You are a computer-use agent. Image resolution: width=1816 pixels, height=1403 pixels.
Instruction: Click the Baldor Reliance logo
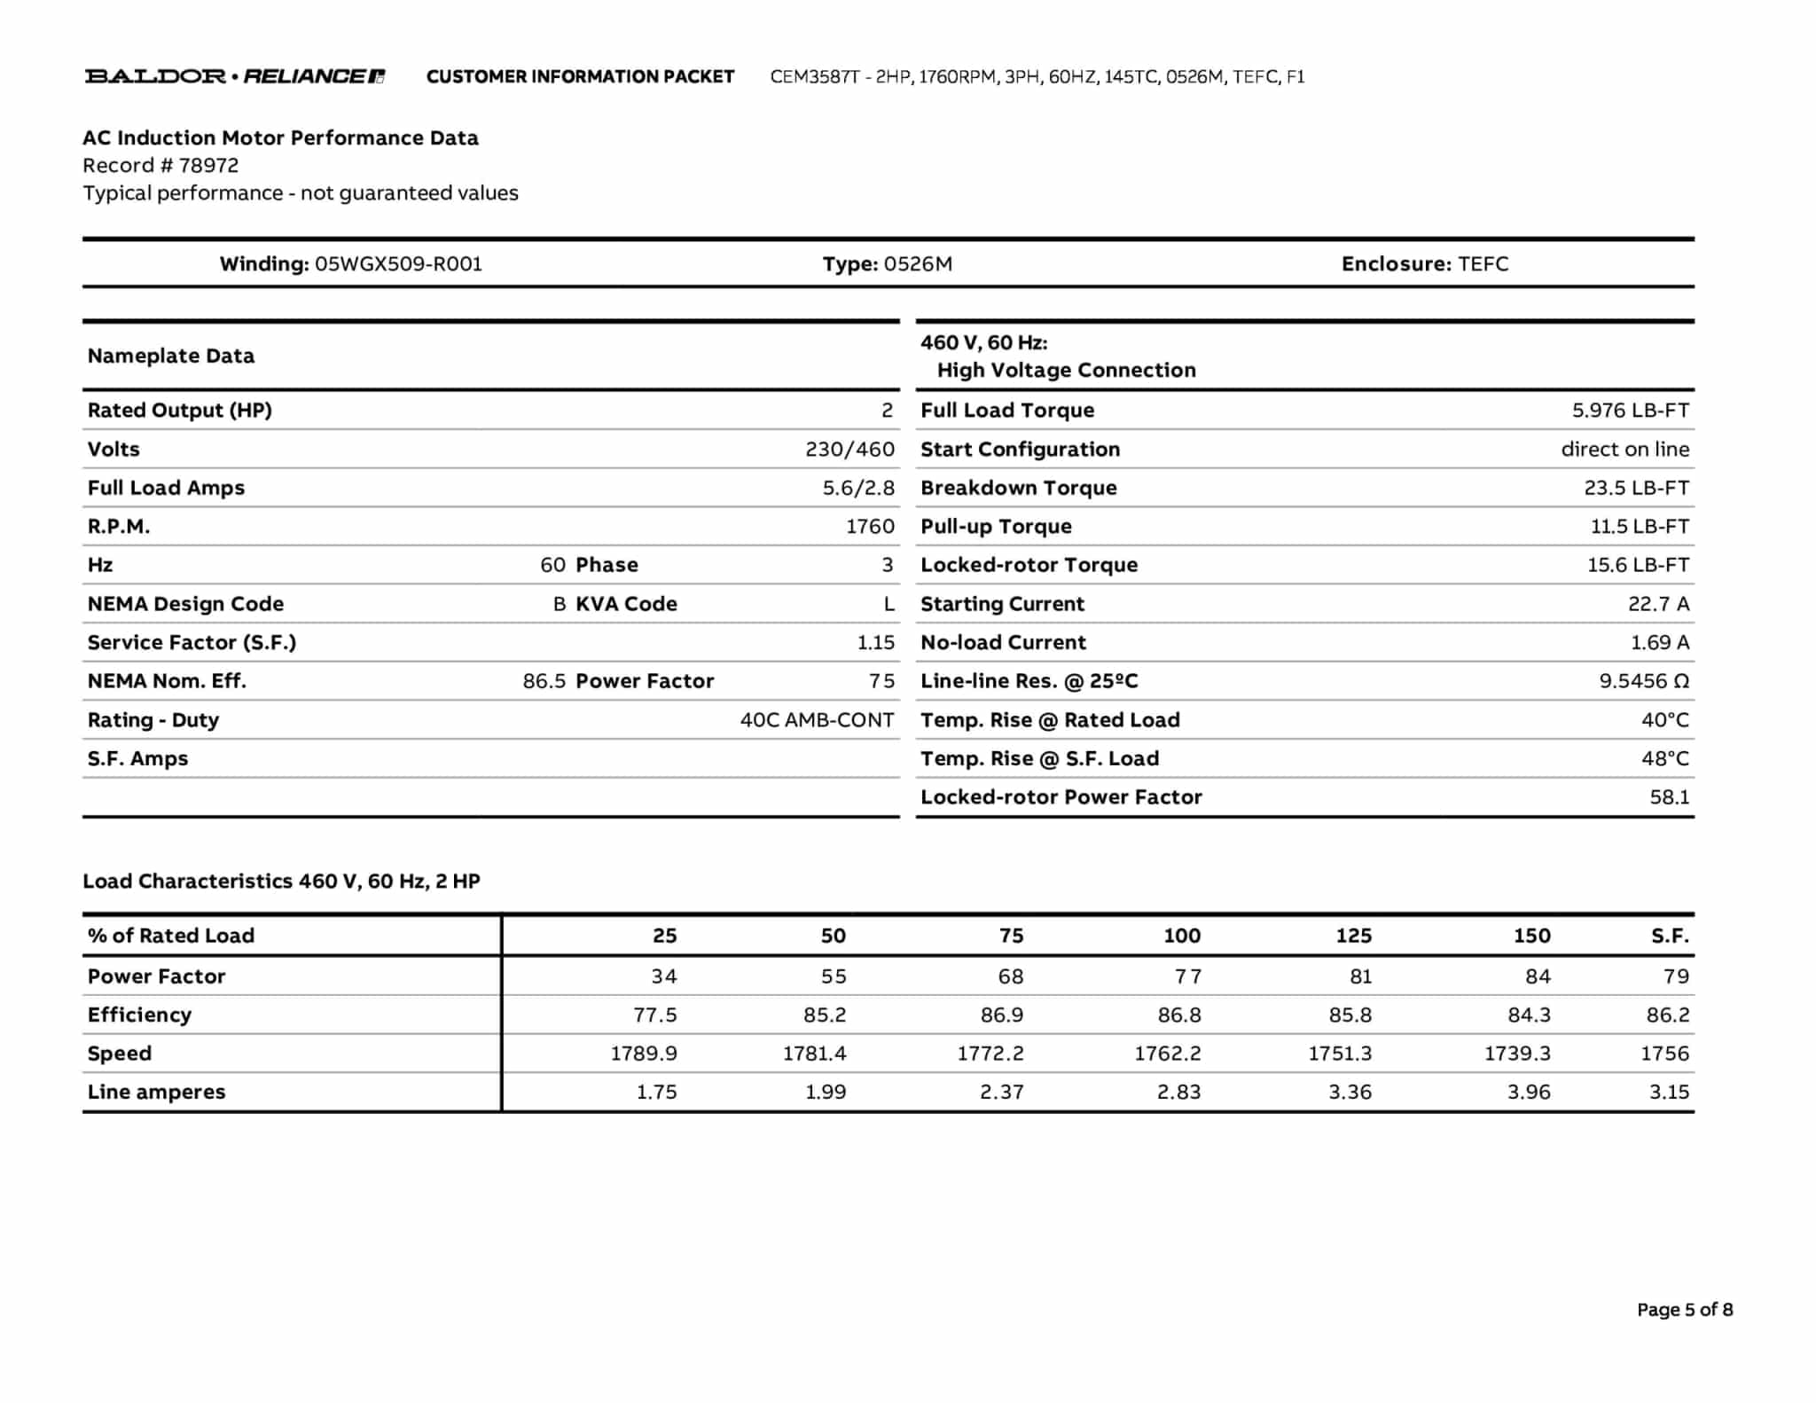pos(234,76)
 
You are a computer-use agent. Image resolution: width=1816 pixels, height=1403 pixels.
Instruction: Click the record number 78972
pos(208,165)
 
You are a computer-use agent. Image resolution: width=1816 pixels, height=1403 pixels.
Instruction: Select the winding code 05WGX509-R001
pos(398,263)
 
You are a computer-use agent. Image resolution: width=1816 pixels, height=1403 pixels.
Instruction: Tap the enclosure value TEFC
pos(1483,263)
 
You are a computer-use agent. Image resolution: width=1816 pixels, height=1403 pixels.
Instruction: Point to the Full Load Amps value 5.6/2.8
pos(857,488)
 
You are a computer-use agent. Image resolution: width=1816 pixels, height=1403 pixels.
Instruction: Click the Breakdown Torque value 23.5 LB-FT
pos(1636,488)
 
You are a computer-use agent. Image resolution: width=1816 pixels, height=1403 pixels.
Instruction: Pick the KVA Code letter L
pos(888,604)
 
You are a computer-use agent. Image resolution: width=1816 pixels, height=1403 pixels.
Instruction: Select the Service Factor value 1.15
pos(875,642)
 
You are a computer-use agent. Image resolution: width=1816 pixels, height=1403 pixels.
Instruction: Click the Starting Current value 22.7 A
pos(1658,604)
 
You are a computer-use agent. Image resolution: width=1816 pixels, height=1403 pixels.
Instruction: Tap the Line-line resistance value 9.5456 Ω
pos(1643,681)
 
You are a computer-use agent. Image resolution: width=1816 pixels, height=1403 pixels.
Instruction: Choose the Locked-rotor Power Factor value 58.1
pos(1669,797)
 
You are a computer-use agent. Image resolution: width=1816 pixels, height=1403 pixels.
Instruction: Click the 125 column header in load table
pos(1353,936)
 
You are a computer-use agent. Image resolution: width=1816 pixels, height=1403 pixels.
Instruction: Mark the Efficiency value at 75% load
pos(1001,1015)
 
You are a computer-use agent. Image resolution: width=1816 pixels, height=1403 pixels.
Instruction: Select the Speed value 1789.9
pos(643,1054)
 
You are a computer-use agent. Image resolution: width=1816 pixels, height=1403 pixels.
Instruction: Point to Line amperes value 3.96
pos(1529,1092)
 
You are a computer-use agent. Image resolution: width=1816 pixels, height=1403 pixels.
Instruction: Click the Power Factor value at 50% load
pos(833,976)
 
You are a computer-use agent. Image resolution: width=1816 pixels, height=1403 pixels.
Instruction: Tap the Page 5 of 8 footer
pos(1684,1310)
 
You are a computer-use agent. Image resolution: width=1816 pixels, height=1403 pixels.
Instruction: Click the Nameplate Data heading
pos(170,356)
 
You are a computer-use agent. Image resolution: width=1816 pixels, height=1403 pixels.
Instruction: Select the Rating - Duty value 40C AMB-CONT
pos(817,720)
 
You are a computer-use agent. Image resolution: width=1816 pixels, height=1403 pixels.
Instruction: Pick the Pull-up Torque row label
pos(996,527)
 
